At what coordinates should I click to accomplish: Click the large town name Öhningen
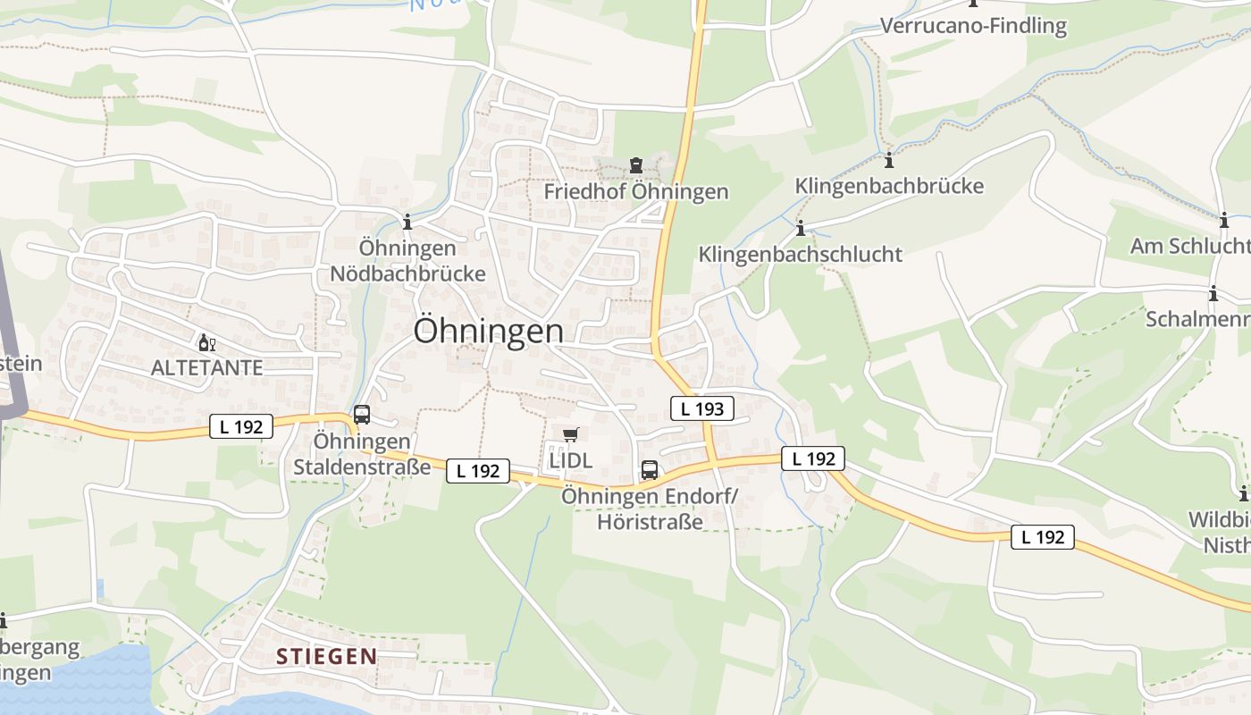pos(488,331)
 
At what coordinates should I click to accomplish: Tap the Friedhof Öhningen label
pos(636,191)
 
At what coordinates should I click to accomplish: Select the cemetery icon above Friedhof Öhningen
pos(635,165)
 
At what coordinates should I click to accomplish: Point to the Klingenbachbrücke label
pos(889,186)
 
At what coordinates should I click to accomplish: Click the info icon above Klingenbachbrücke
pos(889,161)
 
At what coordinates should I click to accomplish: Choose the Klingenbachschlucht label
pos(800,254)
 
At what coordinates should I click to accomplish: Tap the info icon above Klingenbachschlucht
pos(801,228)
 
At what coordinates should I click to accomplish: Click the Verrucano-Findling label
pos(973,26)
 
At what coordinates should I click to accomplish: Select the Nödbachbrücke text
pos(408,273)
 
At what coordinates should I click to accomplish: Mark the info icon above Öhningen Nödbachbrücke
pos(408,222)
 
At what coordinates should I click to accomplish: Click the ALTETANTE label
pos(207,367)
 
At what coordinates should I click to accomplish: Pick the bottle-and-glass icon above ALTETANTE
pos(207,342)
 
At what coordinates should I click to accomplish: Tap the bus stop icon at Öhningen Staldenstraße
pos(362,415)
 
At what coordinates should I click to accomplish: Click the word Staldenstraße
pos(362,467)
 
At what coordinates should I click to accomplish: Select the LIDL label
pos(571,461)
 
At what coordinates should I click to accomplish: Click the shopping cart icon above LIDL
pos(571,435)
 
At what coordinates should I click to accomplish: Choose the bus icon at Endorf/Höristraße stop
pos(650,470)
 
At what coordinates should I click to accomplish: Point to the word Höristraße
pos(650,522)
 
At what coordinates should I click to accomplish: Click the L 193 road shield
pos(701,408)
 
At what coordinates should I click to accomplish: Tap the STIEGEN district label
pos(326,657)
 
